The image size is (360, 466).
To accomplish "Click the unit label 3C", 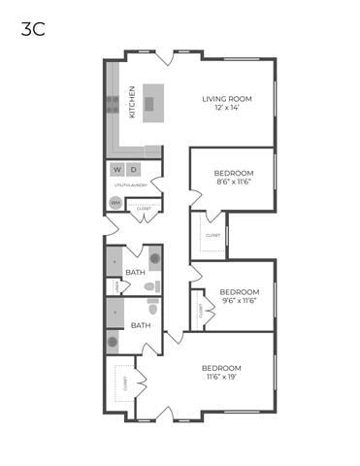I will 32,28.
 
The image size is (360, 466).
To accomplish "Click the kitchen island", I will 149,103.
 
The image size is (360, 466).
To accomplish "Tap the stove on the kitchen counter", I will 112,100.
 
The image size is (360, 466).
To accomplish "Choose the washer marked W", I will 117,170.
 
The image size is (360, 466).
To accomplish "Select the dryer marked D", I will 133,170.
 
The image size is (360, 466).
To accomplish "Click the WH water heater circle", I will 115,203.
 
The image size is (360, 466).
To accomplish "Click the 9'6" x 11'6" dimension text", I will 239,301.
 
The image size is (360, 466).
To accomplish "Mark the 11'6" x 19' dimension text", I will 221,377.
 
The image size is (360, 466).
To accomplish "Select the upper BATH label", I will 134,274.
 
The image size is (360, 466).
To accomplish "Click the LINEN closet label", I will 117,286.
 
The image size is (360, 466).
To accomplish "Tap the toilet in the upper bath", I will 149,287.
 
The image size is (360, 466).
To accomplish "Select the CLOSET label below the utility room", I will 143,208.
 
